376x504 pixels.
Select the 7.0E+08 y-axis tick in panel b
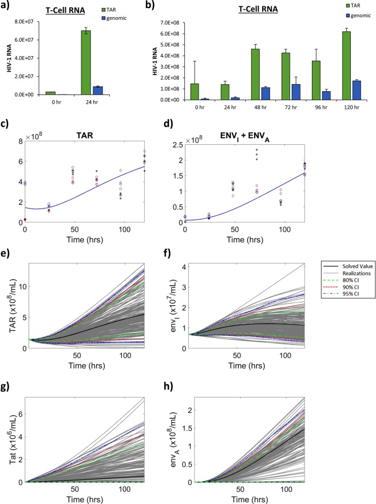coord(182,23)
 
